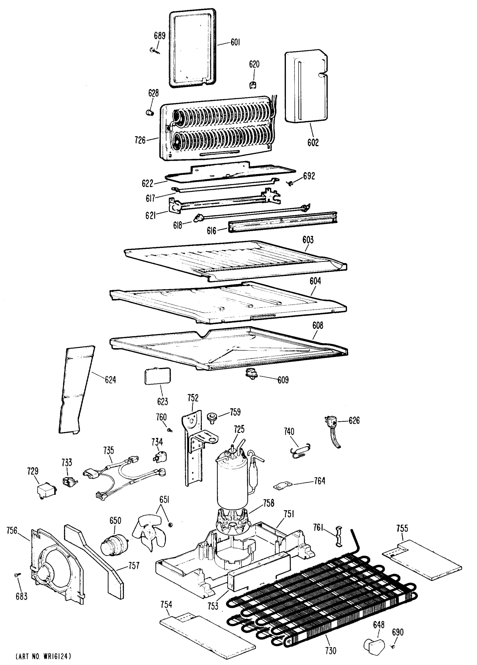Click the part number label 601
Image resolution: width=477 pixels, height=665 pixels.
point(235,42)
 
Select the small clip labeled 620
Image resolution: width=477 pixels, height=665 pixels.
point(253,85)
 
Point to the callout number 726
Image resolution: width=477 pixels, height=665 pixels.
point(140,140)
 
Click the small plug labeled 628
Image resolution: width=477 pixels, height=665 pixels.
point(150,112)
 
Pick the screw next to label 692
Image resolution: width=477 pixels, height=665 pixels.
point(291,183)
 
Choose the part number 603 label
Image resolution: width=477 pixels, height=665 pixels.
point(308,240)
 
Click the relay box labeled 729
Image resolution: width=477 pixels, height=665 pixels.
point(46,490)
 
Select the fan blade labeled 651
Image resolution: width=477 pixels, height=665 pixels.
point(149,536)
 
